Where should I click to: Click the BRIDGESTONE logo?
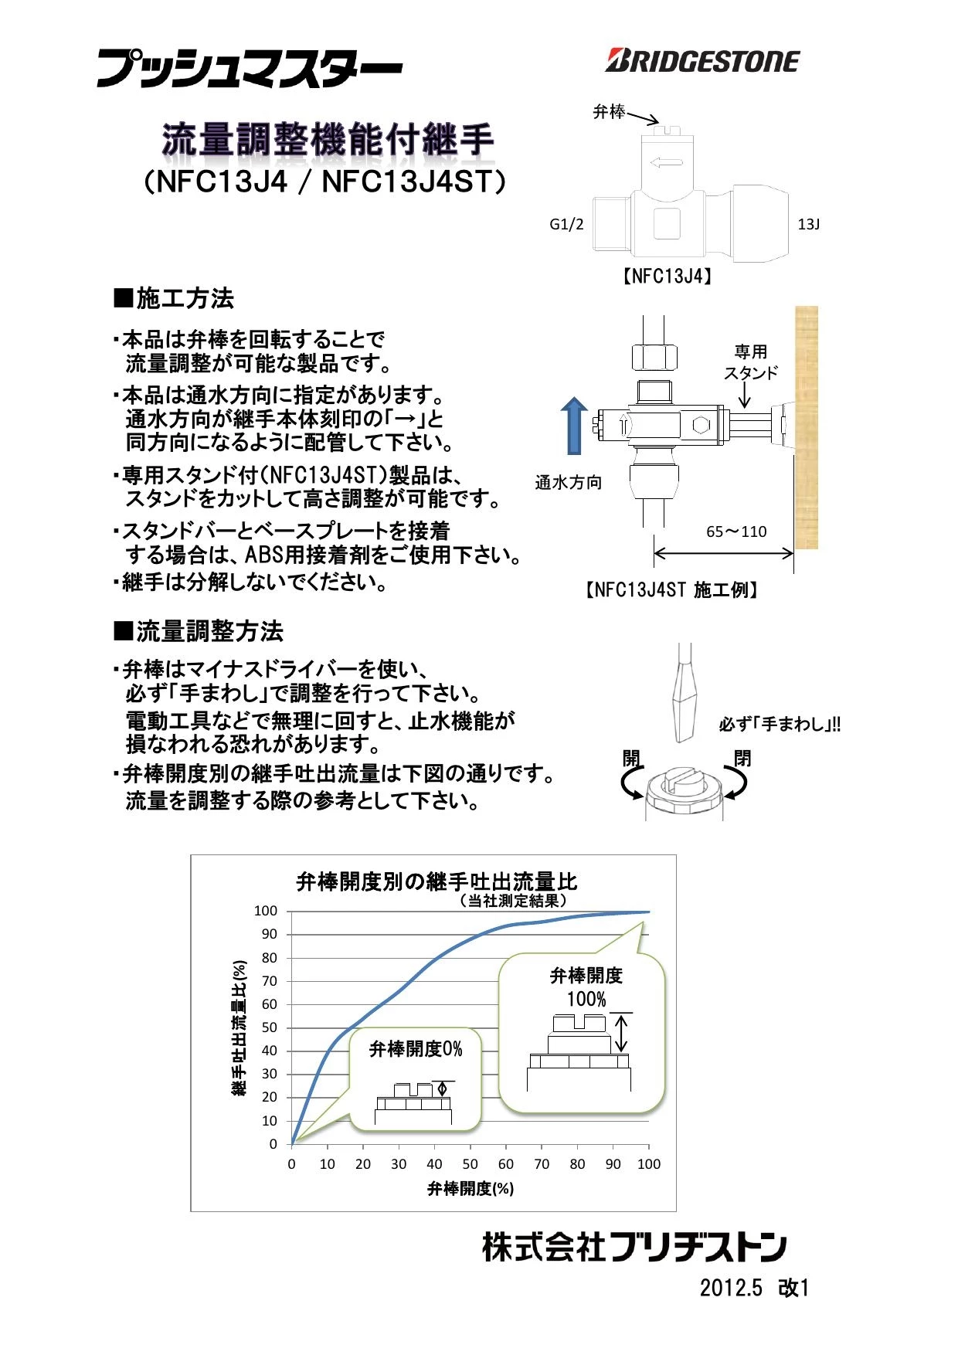(x=702, y=61)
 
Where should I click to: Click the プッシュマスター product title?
(x=249, y=69)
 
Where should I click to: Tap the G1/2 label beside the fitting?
(x=566, y=225)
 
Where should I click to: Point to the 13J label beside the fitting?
(x=808, y=225)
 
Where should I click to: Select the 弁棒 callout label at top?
(x=608, y=112)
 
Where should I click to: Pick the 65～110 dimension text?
(x=736, y=531)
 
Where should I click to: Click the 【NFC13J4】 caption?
(x=668, y=277)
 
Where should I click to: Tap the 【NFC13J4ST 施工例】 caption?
(x=670, y=590)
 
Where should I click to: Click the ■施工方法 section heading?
(x=174, y=298)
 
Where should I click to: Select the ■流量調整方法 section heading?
(x=199, y=631)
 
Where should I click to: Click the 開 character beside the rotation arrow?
(x=632, y=758)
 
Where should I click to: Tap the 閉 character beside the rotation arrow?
(x=742, y=758)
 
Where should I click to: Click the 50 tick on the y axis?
(x=269, y=1027)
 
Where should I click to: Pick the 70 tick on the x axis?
(x=542, y=1164)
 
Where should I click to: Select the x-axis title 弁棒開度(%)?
(x=471, y=1188)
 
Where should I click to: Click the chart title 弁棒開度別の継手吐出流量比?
(x=437, y=881)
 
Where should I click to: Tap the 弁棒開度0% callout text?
(x=416, y=1049)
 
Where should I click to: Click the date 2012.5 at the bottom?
(x=731, y=1288)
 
